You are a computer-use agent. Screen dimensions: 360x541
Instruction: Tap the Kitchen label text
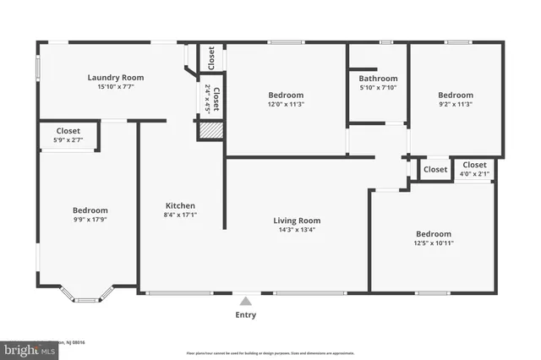click(180, 205)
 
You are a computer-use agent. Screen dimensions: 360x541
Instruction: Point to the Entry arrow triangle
click(246, 300)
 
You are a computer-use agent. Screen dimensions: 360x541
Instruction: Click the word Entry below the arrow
click(246, 315)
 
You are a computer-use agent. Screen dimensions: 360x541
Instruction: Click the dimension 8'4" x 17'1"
click(180, 215)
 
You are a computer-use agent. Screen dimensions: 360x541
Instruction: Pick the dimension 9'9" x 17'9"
click(90, 220)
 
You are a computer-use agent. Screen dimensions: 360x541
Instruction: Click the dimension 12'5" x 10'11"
click(433, 243)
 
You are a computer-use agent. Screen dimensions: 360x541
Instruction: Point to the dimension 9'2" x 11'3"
click(455, 105)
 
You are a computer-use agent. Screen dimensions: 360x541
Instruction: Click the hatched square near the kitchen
click(210, 131)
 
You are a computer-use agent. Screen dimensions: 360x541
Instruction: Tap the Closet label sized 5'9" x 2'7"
click(68, 131)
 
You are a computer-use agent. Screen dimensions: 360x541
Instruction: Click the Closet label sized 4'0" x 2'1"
click(474, 165)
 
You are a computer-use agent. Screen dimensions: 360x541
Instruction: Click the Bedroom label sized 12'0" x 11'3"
click(286, 95)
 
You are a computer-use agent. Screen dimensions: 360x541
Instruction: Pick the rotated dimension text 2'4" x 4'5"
click(206, 97)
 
